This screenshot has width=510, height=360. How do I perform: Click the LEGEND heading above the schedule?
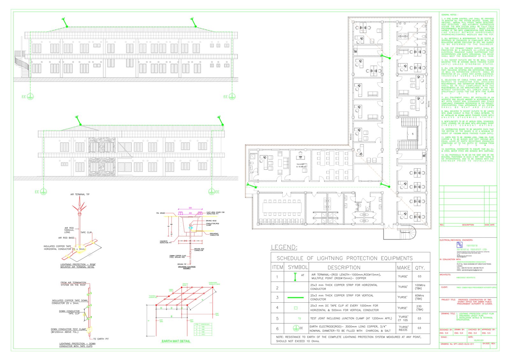(284, 247)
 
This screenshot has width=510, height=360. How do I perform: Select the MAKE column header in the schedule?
(404, 268)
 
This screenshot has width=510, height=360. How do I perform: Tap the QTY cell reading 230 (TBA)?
(419, 308)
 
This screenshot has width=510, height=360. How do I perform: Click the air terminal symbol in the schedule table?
(295, 277)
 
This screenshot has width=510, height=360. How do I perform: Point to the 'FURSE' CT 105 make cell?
(403, 318)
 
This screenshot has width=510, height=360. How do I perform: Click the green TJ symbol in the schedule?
(299, 318)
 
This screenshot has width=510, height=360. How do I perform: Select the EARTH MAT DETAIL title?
(176, 341)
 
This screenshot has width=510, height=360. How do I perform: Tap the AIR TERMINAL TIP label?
(80, 194)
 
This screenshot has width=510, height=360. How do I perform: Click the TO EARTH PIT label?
(101, 339)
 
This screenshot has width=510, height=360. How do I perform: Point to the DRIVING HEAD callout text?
(211, 221)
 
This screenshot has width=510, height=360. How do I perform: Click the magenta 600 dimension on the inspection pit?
(190, 208)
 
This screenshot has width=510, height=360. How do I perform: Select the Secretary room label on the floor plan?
(301, 164)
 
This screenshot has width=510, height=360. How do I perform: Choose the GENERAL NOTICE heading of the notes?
(449, 15)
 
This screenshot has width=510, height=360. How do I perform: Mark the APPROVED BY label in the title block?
(488, 329)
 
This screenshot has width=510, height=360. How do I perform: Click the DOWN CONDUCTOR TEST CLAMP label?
(68, 329)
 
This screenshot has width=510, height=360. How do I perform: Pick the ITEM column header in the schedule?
(277, 268)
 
